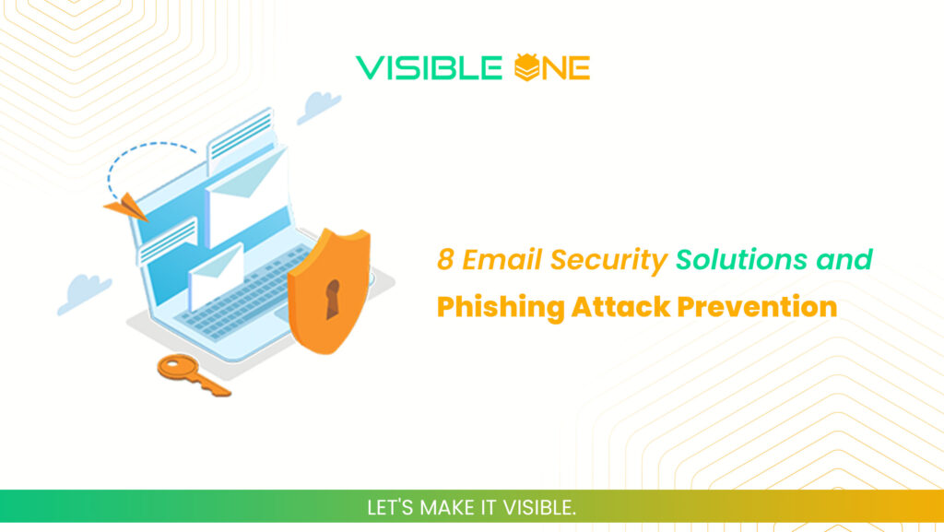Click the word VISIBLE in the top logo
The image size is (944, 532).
click(431, 67)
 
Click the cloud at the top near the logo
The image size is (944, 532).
click(319, 107)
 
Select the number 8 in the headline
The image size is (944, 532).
click(446, 261)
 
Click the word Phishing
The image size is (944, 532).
click(500, 307)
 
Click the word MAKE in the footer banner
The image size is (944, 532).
click(446, 508)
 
